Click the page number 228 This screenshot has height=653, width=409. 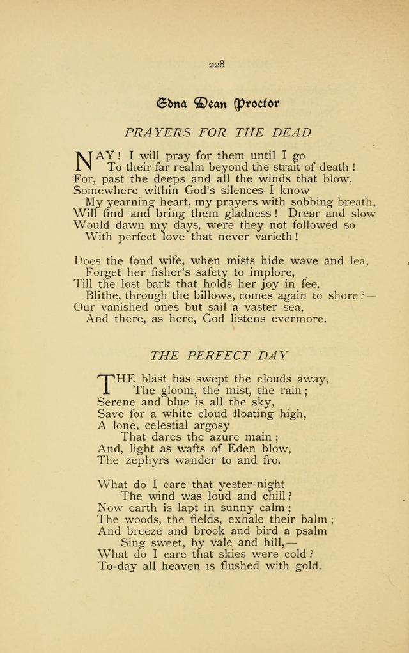pyautogui.click(x=216, y=63)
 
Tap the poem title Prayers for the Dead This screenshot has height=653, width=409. pyautogui.click(x=218, y=133)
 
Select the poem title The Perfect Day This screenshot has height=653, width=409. pyautogui.click(x=219, y=355)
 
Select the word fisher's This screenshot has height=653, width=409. pyautogui.click(x=149, y=272)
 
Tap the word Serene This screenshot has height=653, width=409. pyautogui.click(x=118, y=402)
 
